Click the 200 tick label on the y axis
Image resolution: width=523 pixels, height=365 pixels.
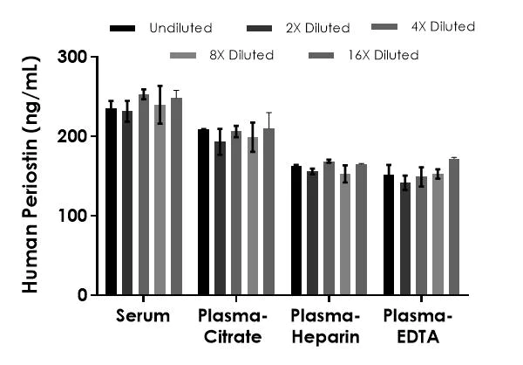73,137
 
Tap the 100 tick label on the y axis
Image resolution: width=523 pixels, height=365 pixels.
73,216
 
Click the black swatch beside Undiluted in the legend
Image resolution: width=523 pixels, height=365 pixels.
122,29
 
